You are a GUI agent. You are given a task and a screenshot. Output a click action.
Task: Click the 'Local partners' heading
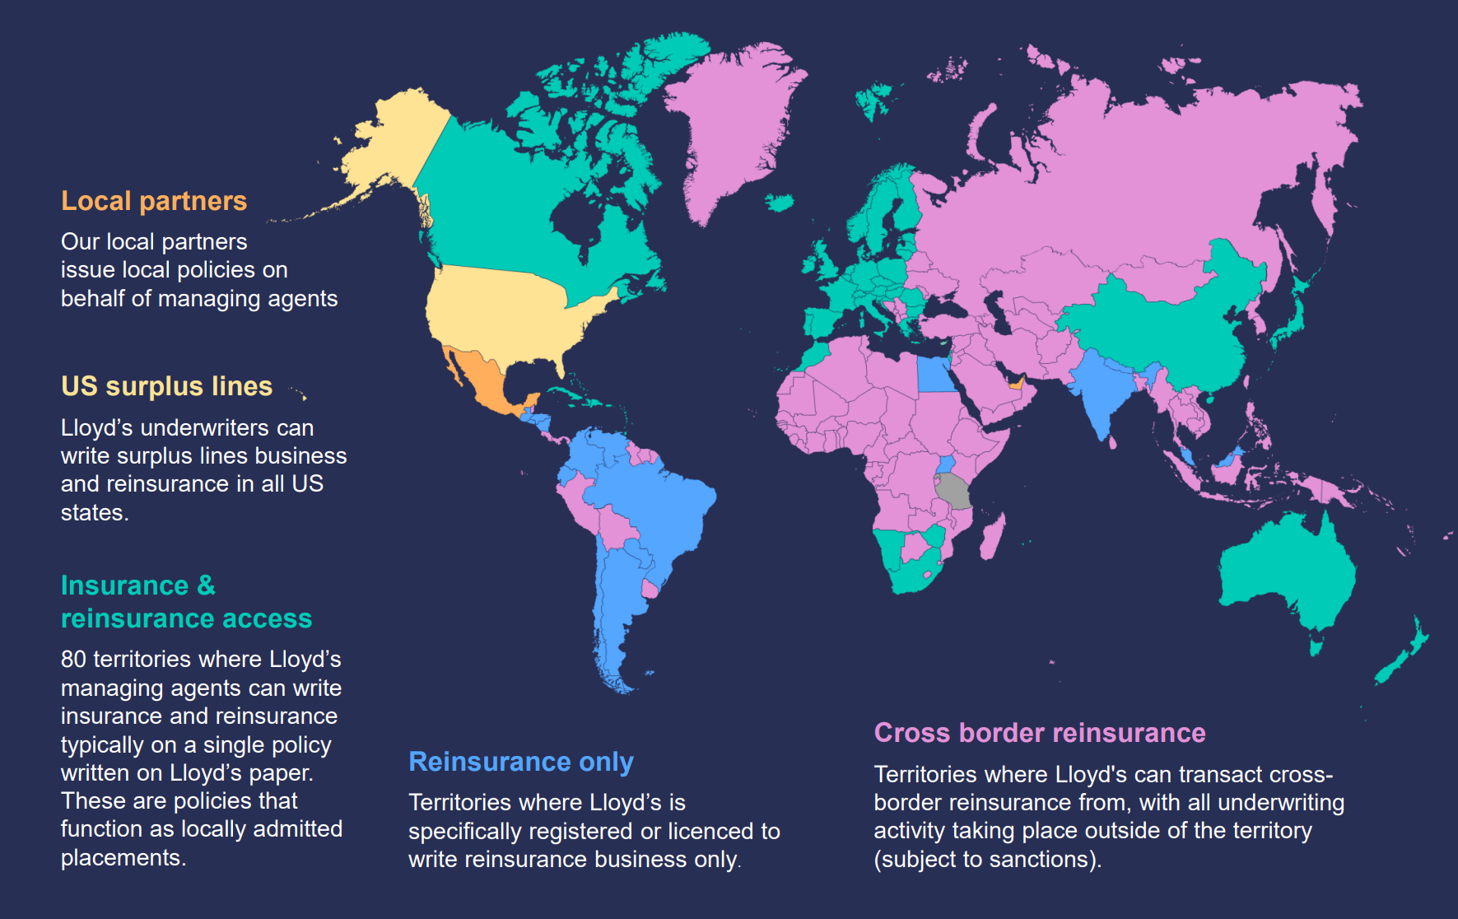(154, 201)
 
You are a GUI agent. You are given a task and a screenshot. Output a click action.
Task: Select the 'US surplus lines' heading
(166, 386)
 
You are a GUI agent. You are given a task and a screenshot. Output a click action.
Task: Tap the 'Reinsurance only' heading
(521, 762)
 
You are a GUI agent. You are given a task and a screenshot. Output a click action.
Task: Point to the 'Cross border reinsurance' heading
(1039, 733)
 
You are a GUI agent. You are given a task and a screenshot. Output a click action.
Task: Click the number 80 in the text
(73, 660)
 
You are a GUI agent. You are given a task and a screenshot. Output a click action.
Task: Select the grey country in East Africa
(953, 490)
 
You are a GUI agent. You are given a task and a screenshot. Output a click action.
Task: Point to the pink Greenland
(733, 124)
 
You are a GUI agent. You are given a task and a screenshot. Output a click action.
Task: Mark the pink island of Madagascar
(992, 537)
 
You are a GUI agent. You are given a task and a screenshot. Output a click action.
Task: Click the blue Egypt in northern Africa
(934, 375)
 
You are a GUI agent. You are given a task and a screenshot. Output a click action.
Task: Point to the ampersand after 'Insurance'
(206, 585)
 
